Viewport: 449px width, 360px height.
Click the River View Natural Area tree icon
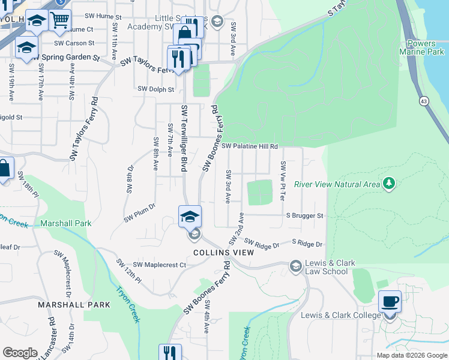tap(390, 183)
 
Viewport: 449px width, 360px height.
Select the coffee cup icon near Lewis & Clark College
tap(390, 301)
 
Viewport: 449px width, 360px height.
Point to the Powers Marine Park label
tap(424, 47)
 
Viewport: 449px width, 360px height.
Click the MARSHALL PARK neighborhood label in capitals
tap(74, 305)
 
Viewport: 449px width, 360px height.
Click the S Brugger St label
tap(304, 215)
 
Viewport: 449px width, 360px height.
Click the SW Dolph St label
tap(155, 89)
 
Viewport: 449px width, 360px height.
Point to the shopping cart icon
tap(59, 20)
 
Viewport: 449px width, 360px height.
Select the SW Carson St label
tap(74, 43)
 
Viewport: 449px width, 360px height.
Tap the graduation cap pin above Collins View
tap(190, 216)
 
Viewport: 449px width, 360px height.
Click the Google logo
tap(20, 353)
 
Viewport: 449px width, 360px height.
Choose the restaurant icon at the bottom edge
tap(170, 353)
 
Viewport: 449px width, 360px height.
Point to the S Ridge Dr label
tap(307, 244)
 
